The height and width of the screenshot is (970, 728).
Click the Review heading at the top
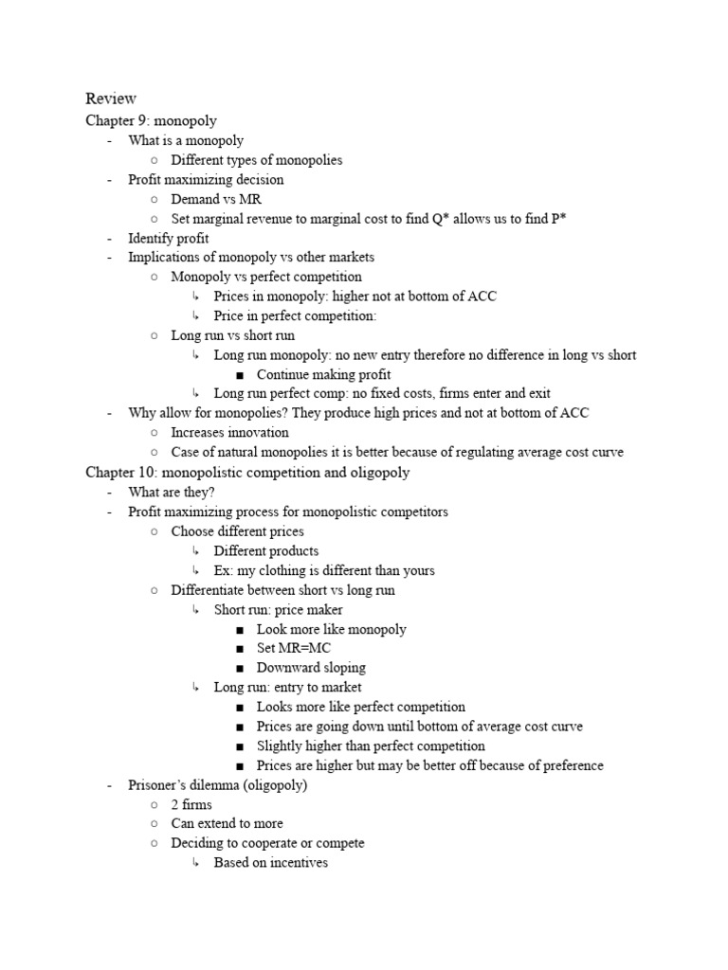[111, 99]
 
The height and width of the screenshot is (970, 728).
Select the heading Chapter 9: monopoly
[151, 120]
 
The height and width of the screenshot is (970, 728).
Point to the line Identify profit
[169, 238]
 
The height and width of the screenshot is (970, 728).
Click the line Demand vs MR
[216, 199]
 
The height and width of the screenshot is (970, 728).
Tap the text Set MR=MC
[292, 649]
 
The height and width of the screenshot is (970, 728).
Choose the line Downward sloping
[311, 668]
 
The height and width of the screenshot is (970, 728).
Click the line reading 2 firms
[191, 804]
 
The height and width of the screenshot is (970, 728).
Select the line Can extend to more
[227, 824]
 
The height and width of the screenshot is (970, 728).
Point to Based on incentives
[270, 863]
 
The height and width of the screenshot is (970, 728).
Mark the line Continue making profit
[323, 374]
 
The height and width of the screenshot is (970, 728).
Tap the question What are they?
[172, 492]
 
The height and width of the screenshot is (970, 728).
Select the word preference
[565, 765]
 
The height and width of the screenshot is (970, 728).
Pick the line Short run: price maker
[278, 610]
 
